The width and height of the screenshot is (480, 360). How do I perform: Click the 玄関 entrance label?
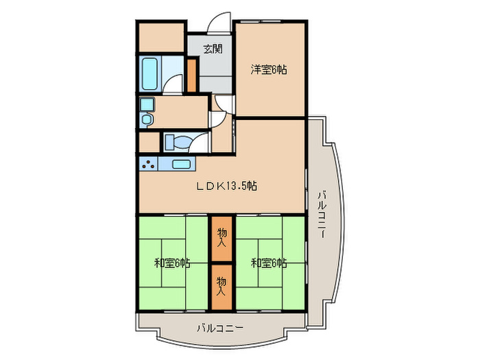pos(212,49)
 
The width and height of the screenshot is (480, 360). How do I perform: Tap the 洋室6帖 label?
pos(268,69)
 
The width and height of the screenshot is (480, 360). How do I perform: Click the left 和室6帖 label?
pos(171,263)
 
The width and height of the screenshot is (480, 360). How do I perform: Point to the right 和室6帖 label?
pos(268,263)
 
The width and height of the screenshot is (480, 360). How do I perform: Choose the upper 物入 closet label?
pos(221,237)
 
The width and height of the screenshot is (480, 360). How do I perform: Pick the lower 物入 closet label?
pos(221,285)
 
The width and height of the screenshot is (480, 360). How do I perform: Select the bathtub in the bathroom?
pos(150,73)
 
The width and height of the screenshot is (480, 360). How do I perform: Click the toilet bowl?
pos(175,143)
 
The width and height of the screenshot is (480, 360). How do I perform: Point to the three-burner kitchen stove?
pos(147,164)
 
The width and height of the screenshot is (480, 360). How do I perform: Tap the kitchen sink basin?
pos(182,164)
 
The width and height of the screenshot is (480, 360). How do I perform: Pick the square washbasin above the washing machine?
pos(147,104)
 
